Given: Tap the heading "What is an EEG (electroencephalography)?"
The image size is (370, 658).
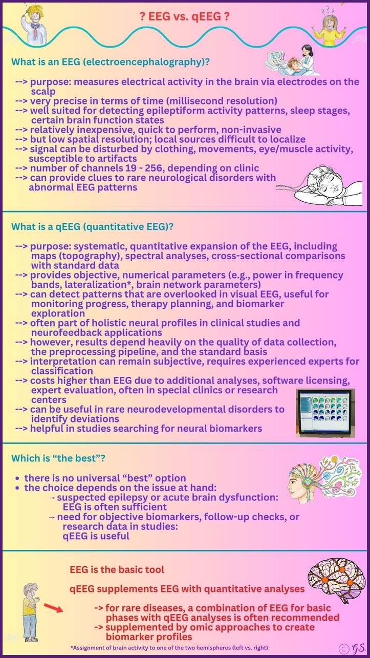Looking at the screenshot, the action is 111,62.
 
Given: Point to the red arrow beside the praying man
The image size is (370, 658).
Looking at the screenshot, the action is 53,609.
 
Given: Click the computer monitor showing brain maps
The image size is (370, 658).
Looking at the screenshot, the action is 325,413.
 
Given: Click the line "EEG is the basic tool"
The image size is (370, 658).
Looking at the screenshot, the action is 117,569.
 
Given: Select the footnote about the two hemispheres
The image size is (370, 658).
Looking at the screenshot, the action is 169,647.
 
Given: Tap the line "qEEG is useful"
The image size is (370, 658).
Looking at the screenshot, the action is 96,536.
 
